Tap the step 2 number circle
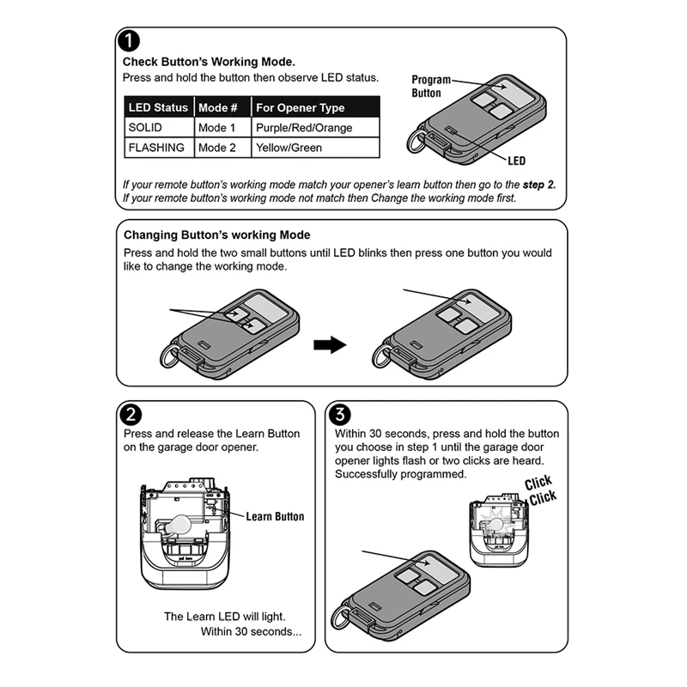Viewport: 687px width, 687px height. [x=130, y=415]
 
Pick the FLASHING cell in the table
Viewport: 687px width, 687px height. [x=156, y=148]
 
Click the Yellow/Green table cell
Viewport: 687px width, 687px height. [x=289, y=148]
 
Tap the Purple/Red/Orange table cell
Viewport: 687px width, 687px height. [x=304, y=128]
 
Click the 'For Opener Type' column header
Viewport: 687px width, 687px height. [x=300, y=107]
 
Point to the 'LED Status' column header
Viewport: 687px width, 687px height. [x=157, y=107]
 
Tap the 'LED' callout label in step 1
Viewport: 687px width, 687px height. [x=516, y=161]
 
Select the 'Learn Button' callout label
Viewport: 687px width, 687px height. [x=275, y=516]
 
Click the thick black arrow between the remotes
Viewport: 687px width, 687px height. [x=328, y=345]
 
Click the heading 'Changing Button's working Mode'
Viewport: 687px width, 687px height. [x=217, y=234]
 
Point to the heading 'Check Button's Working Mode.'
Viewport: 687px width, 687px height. [x=209, y=62]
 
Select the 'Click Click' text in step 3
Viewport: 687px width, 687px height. [x=540, y=489]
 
